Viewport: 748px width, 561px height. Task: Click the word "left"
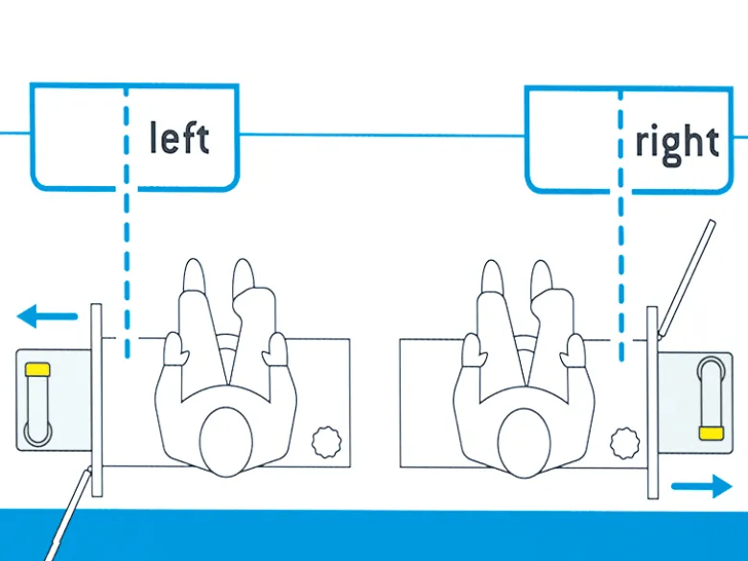179,137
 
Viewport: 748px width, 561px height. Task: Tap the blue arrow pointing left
47,316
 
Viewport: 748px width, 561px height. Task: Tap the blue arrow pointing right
702,486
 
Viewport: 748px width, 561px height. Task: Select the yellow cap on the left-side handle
37,369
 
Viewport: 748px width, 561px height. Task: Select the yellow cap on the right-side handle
712,433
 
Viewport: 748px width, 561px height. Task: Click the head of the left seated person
226,441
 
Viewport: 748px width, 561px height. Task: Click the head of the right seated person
524,443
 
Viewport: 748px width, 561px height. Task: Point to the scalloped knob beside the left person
327,442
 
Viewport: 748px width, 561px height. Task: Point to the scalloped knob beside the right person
625,443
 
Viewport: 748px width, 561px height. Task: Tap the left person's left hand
174,349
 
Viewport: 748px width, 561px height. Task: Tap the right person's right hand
573,351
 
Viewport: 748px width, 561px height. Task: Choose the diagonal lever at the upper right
687,279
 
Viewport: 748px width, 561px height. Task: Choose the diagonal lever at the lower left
67,515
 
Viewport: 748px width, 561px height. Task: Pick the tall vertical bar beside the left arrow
96,400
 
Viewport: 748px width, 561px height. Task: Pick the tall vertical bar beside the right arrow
653,403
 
